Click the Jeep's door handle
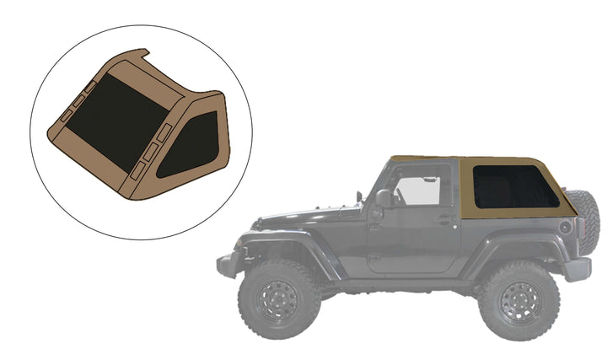coord(445,220)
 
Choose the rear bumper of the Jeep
coord(577,268)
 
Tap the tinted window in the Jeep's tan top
coord(514,187)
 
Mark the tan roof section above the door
coord(422,159)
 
